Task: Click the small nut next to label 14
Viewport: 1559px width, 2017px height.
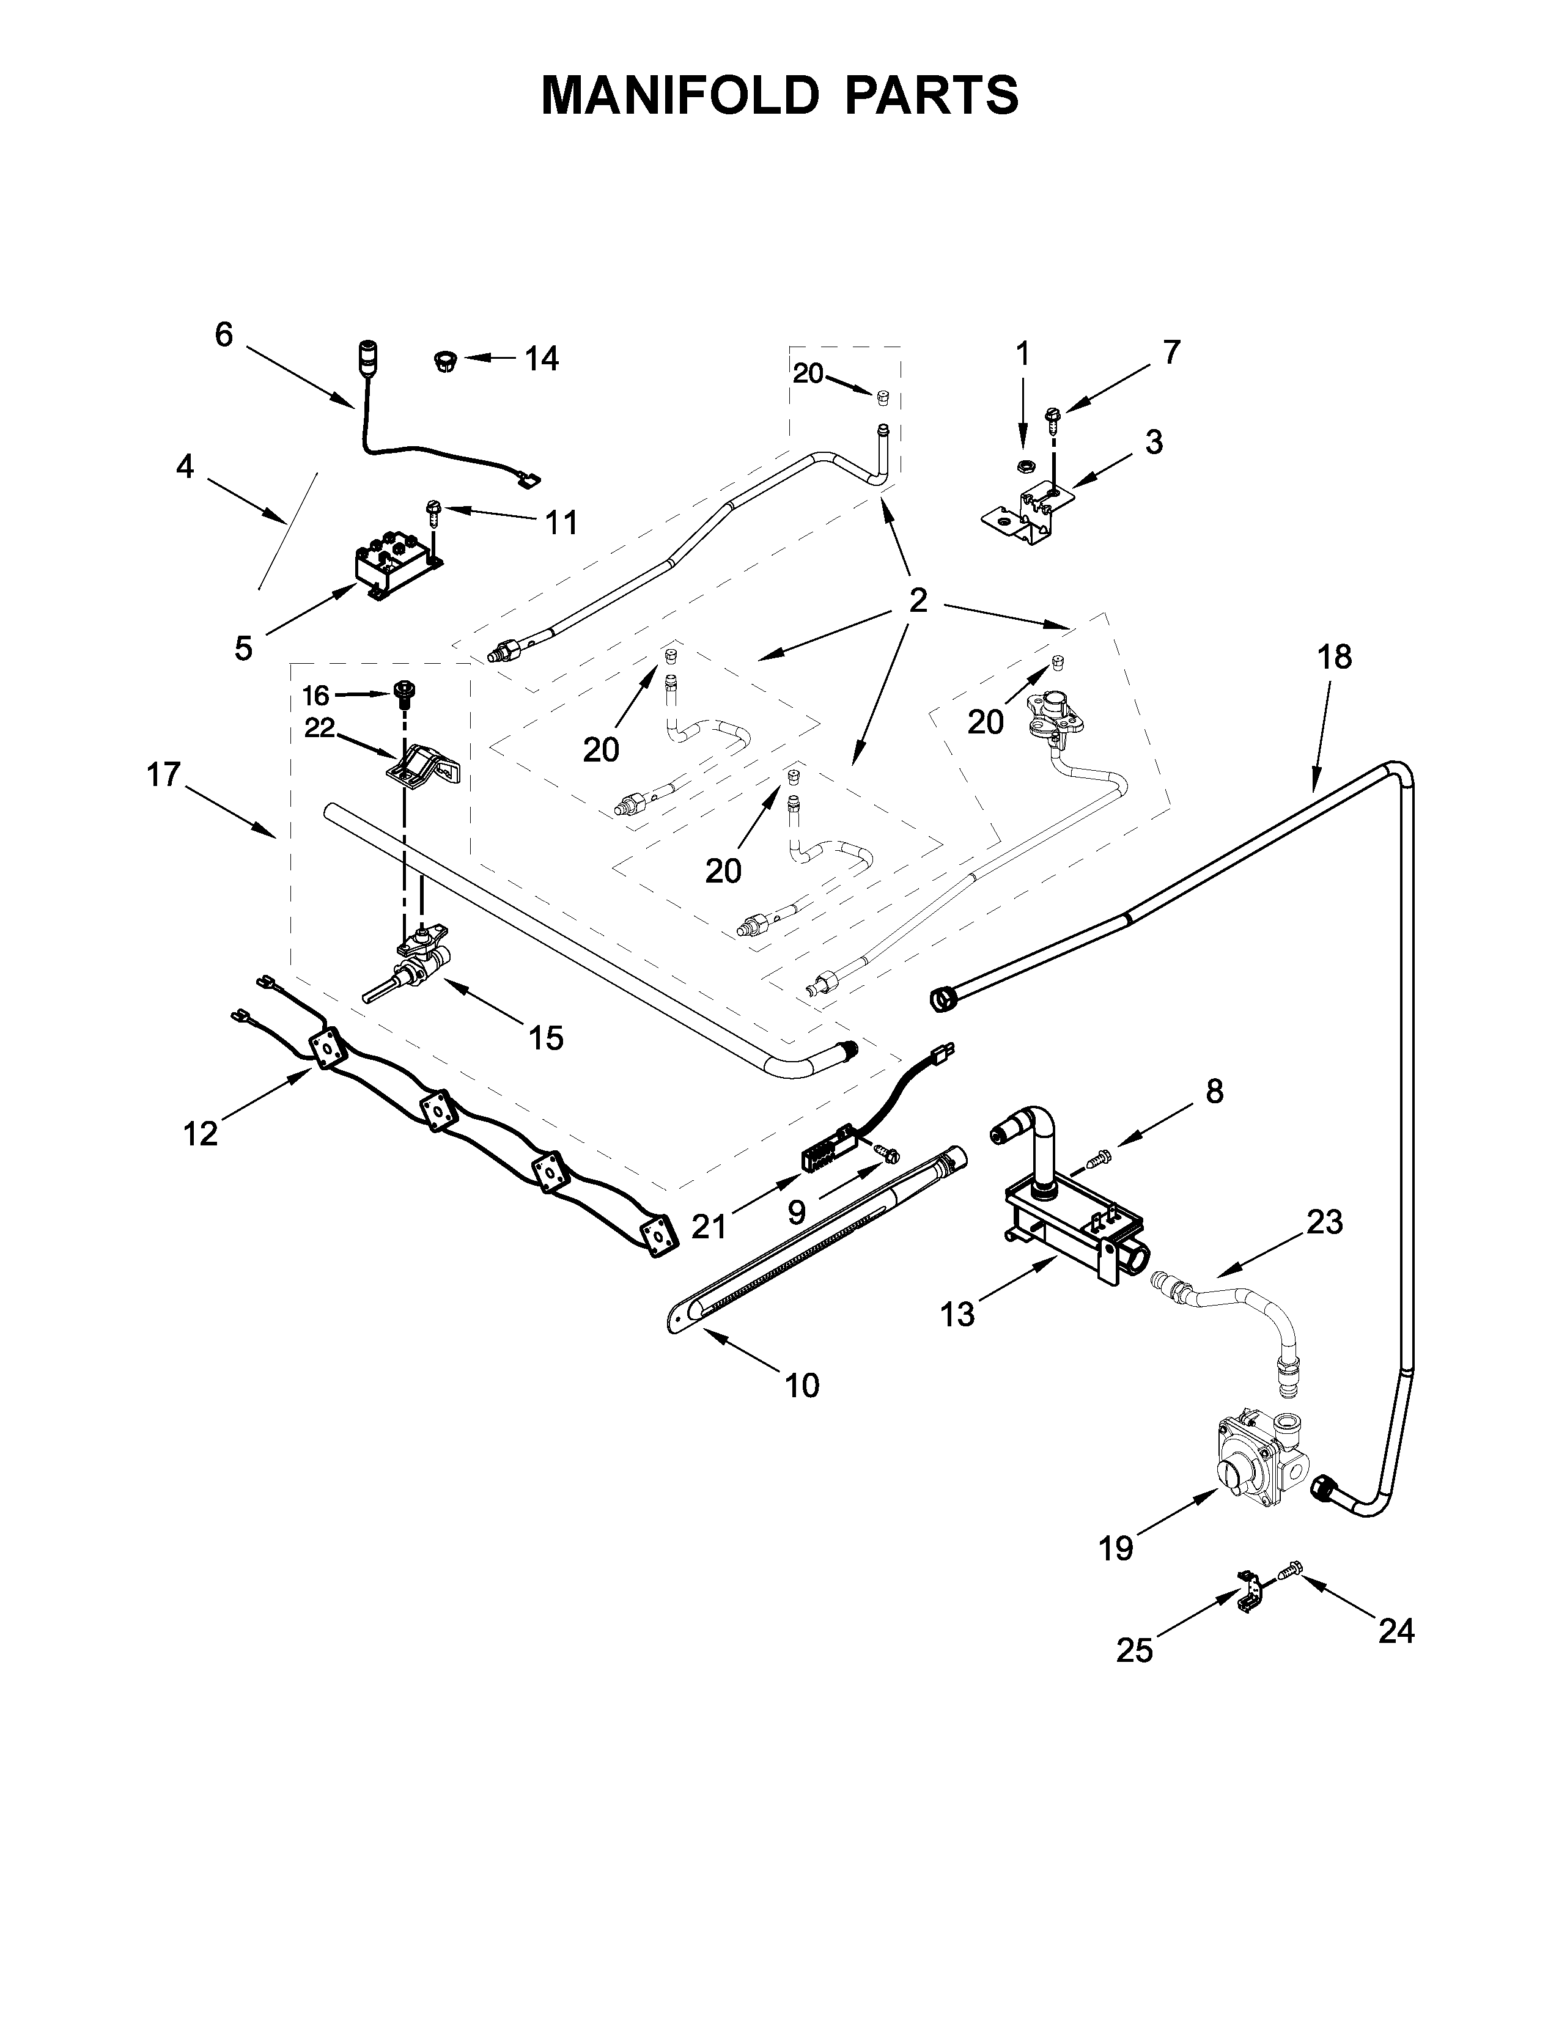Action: click(x=443, y=360)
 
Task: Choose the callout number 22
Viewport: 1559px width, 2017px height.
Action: click(x=320, y=729)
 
